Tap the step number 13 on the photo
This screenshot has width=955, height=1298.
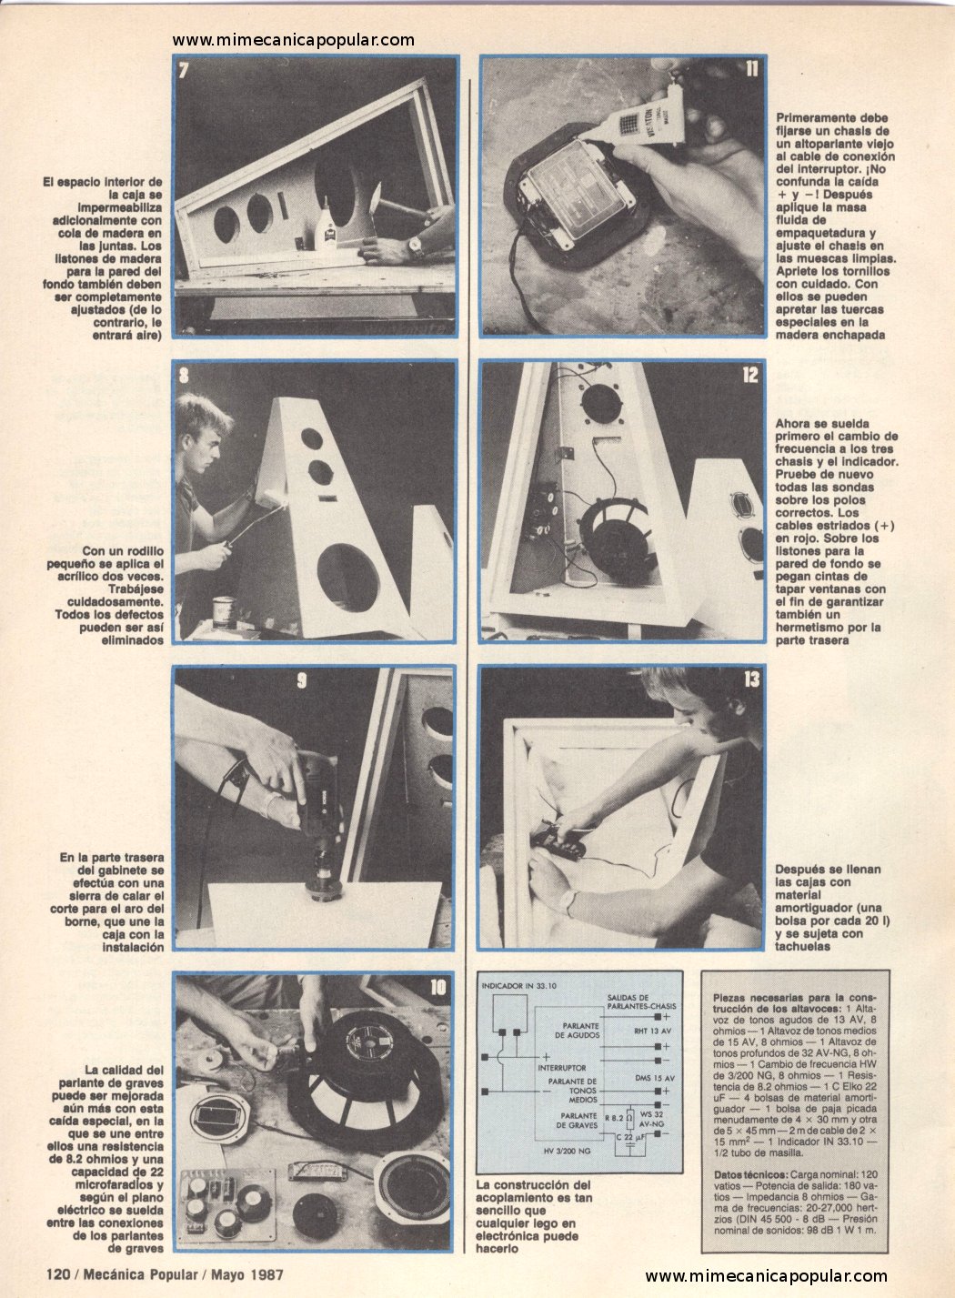point(751,679)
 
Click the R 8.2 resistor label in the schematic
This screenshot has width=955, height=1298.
point(614,1117)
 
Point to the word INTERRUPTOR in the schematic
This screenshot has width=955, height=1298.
point(561,1068)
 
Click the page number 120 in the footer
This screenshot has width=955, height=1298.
point(58,1274)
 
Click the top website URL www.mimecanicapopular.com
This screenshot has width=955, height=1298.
point(293,40)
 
